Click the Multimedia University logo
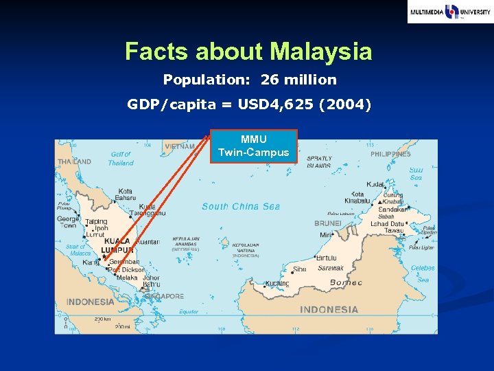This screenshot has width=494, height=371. (x=449, y=12)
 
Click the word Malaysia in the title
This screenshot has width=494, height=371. (x=321, y=52)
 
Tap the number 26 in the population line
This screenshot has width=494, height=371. (x=270, y=80)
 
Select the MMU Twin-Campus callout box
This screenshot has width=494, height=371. (x=253, y=146)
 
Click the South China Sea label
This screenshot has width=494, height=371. (x=241, y=206)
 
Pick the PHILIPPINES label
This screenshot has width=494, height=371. (x=390, y=155)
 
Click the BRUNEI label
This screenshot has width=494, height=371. (x=328, y=223)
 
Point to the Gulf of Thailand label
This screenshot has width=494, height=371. (x=121, y=159)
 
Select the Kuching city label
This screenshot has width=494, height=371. (x=277, y=283)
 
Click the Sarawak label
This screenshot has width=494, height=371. (x=330, y=268)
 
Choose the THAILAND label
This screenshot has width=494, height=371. (x=73, y=161)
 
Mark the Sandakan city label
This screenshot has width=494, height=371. (x=393, y=208)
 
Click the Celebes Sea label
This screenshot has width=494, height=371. (x=423, y=273)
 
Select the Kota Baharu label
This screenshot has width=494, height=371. (x=125, y=194)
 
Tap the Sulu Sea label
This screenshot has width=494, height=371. (x=416, y=173)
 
